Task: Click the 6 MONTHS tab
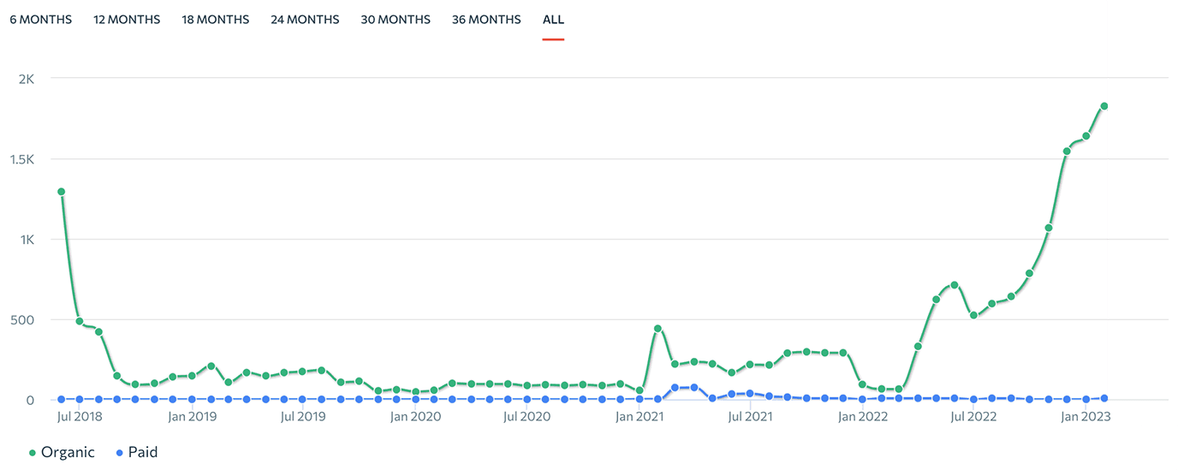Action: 40,20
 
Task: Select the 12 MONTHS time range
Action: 127,20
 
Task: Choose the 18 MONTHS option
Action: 216,20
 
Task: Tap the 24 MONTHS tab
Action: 305,20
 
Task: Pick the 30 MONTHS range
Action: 396,20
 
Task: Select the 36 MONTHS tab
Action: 486,20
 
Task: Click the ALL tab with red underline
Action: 553,20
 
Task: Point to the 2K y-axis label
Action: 26,79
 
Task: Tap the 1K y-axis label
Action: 27,240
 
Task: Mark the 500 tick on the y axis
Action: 22,320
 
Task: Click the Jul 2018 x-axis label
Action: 79,417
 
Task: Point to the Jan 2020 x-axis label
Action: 415,417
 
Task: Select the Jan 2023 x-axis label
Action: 1086,417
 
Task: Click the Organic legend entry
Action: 61,452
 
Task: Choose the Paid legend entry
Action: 136,452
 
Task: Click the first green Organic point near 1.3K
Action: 62,192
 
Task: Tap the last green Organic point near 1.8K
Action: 1104,106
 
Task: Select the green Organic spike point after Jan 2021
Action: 657,329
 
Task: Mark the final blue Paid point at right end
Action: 1104,398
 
